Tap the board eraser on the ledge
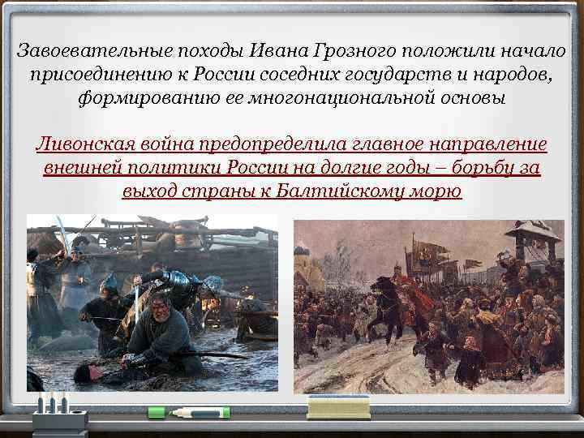[x=328, y=407]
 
